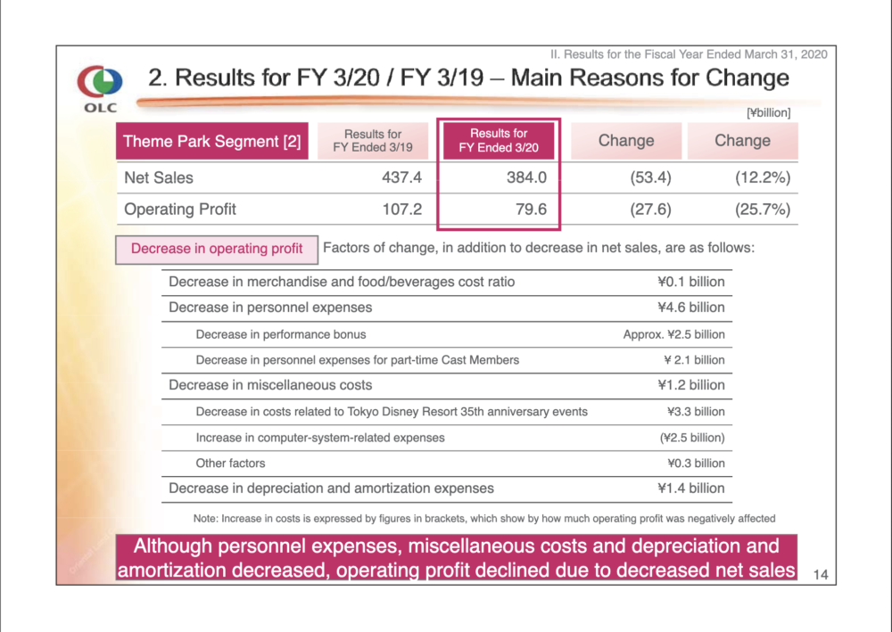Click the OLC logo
100,88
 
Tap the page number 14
821,575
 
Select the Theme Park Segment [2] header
212,141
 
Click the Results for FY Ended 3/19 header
373,140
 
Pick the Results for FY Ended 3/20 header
499,140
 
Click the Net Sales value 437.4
401,177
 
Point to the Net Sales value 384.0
527,177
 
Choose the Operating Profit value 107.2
401,209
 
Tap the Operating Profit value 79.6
532,209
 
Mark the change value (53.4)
650,178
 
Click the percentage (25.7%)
763,209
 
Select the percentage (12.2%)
763,178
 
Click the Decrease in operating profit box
217,250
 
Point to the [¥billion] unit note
769,112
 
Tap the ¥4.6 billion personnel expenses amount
691,308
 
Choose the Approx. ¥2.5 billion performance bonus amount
673,334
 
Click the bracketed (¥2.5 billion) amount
692,438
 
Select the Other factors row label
230,464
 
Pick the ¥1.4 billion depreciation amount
691,488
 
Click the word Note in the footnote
204,518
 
